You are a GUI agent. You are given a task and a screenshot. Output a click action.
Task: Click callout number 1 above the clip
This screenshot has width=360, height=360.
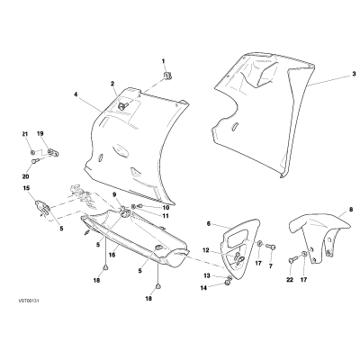(x=164, y=61)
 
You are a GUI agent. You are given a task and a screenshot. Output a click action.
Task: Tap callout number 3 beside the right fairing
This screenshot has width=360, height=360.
(x=354, y=74)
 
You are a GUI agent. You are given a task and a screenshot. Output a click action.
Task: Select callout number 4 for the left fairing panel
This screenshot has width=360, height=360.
(x=76, y=94)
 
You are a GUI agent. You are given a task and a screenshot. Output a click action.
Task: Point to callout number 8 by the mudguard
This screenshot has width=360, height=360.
(x=351, y=210)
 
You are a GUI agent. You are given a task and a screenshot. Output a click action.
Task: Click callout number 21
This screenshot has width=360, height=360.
(x=25, y=133)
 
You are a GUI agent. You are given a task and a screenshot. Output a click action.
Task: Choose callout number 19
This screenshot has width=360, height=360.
(x=40, y=133)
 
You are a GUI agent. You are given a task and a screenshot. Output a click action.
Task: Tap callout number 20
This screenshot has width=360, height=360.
(x=25, y=176)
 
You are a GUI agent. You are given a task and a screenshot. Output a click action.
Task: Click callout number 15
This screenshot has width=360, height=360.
(x=26, y=188)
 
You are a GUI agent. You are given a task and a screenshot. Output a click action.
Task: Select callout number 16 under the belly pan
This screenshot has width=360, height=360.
(x=112, y=255)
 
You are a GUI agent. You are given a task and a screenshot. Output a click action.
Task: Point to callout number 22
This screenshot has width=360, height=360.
(x=289, y=280)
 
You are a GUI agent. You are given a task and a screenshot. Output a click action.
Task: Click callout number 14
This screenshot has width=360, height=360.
(x=203, y=288)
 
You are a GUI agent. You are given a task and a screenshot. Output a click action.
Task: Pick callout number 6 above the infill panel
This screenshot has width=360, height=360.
(x=209, y=223)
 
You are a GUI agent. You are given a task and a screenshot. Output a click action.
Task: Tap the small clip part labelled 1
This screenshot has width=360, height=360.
(x=168, y=76)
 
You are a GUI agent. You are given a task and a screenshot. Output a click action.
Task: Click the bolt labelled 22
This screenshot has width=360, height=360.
(x=293, y=259)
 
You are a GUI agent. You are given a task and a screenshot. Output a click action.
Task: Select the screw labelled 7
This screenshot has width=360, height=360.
(x=271, y=247)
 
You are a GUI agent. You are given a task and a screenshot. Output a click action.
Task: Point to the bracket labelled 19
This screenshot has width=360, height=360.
(x=52, y=153)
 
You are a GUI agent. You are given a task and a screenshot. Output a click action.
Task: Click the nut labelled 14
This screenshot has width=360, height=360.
(x=228, y=283)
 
